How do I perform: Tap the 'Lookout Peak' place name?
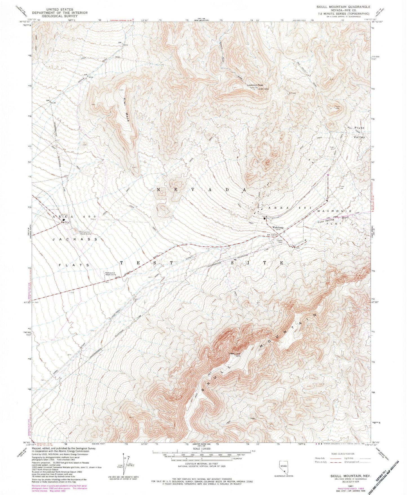click(255, 85)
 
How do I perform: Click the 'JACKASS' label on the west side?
click(75, 239)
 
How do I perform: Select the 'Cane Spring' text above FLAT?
click(328, 221)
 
